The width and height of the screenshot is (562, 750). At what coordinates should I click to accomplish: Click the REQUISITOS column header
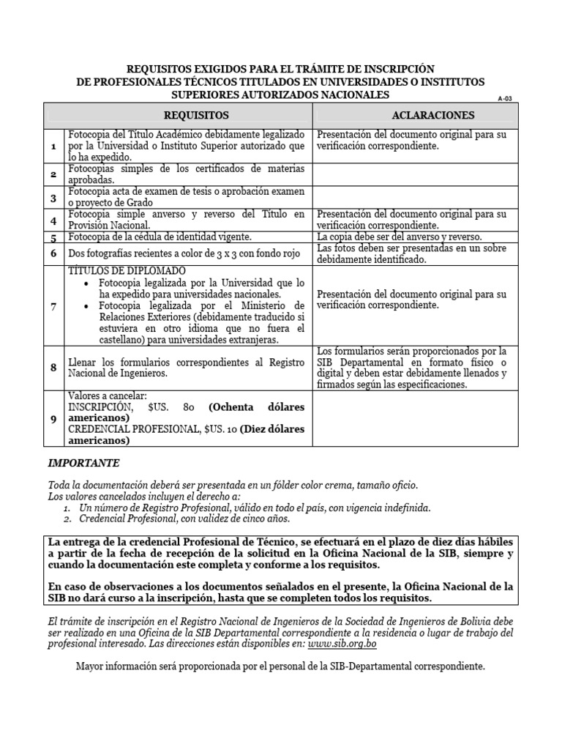(x=195, y=116)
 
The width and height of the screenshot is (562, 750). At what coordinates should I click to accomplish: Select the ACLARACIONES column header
(x=433, y=116)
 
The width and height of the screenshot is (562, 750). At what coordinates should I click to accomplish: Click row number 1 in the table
(x=53, y=146)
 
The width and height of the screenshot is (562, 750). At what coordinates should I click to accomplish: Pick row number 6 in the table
(x=53, y=253)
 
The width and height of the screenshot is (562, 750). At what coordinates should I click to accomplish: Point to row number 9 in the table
(x=53, y=418)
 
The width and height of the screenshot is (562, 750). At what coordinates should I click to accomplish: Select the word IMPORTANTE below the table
(x=83, y=464)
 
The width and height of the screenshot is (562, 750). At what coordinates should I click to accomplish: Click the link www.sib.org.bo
(x=342, y=644)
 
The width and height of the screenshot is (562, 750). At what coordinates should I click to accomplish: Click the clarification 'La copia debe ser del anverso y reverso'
(x=400, y=237)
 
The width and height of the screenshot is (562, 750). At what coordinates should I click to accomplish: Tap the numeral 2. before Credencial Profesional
(x=67, y=519)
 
